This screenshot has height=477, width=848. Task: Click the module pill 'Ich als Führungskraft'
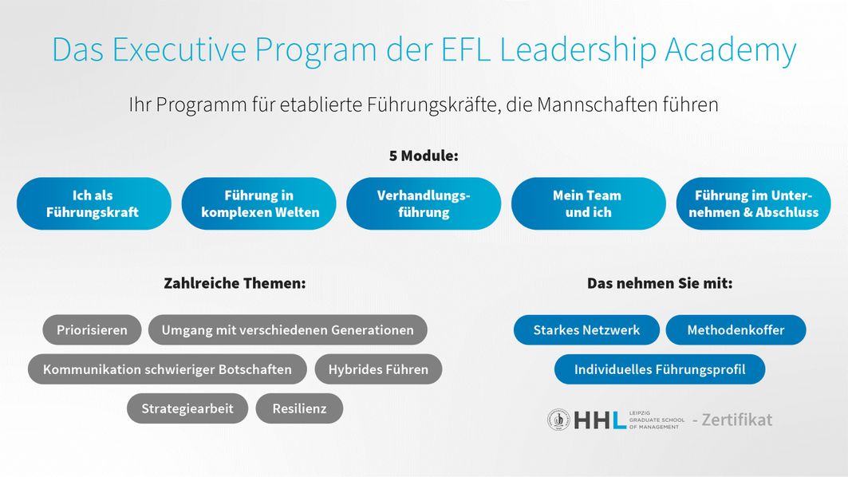pyautogui.click(x=93, y=203)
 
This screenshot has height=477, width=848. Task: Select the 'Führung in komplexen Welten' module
pyautogui.click(x=258, y=203)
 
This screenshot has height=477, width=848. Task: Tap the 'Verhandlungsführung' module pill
pyautogui.click(x=424, y=203)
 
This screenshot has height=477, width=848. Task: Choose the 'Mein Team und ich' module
pyautogui.click(x=589, y=203)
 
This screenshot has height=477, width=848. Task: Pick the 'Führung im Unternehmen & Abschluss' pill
pyautogui.click(x=753, y=203)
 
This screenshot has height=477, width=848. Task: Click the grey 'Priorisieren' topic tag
pyautogui.click(x=92, y=330)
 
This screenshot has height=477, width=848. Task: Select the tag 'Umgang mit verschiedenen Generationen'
pyautogui.click(x=288, y=330)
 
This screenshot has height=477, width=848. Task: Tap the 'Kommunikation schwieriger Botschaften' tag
pyautogui.click(x=167, y=369)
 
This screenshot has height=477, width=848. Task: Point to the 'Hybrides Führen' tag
pyautogui.click(x=379, y=369)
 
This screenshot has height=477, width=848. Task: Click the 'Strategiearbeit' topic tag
pyautogui.click(x=187, y=408)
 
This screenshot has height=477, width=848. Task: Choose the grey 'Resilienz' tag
pyautogui.click(x=300, y=408)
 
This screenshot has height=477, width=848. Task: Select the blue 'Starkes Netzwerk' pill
pyautogui.click(x=587, y=330)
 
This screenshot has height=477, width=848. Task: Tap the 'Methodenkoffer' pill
pyautogui.click(x=736, y=330)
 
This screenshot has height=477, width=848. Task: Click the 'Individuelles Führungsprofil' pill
pyautogui.click(x=660, y=369)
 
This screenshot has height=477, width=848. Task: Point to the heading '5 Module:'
pyautogui.click(x=424, y=156)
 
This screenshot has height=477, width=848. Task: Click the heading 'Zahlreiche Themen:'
pyautogui.click(x=235, y=283)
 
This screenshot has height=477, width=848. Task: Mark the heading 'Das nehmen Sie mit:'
pyautogui.click(x=660, y=283)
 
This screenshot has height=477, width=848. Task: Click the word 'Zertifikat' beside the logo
pyautogui.click(x=736, y=420)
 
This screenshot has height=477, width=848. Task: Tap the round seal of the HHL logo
pyautogui.click(x=558, y=420)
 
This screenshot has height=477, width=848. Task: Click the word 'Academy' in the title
pyautogui.click(x=731, y=50)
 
